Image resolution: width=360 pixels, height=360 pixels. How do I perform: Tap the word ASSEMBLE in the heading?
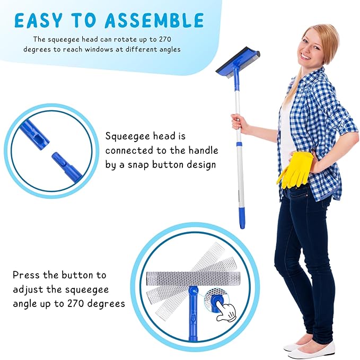coord(154,20)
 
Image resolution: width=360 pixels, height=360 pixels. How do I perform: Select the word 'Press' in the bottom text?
coord(27,275)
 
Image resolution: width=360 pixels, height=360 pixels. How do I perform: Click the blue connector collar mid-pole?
coord(239,144)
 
